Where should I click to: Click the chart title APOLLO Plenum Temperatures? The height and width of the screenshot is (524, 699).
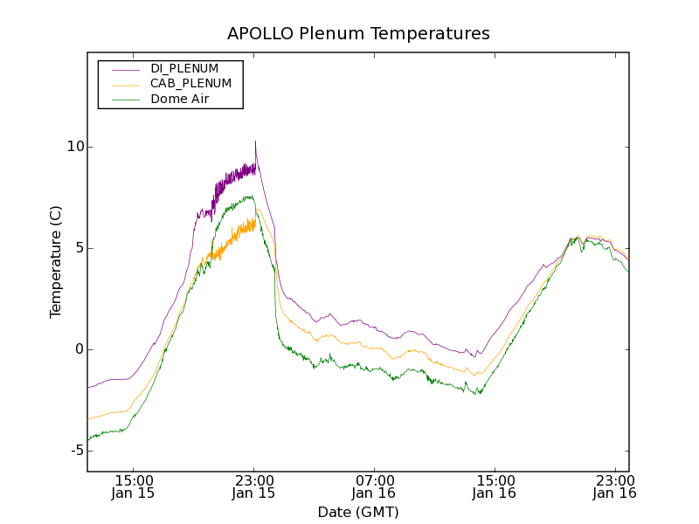358,34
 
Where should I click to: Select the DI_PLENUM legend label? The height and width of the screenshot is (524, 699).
184,68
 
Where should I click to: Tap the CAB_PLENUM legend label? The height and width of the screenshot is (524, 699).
190,84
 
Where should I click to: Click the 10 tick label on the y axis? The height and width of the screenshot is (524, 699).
75,147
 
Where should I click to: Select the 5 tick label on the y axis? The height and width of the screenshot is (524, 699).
79,248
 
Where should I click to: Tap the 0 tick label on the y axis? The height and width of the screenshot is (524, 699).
79,349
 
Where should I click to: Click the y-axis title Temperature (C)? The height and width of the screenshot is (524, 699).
56,262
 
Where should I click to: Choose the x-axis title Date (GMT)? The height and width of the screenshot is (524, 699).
358,512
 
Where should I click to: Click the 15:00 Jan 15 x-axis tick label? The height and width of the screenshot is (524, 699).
135,486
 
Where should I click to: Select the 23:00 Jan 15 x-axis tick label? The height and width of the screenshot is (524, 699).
254,486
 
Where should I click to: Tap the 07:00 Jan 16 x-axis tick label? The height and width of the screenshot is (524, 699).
374,486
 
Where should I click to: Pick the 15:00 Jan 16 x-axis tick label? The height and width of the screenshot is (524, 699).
494,486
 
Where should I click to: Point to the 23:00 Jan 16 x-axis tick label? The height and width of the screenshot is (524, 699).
613,486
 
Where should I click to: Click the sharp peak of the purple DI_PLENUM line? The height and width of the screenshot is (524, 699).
255,141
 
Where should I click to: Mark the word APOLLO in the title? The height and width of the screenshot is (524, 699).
255,34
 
